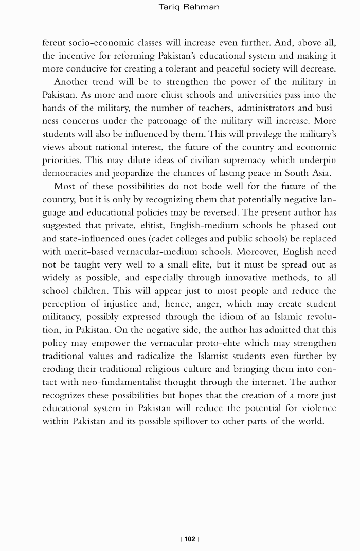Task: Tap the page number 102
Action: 190,539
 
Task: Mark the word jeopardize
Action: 123,173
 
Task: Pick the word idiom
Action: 194,317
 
